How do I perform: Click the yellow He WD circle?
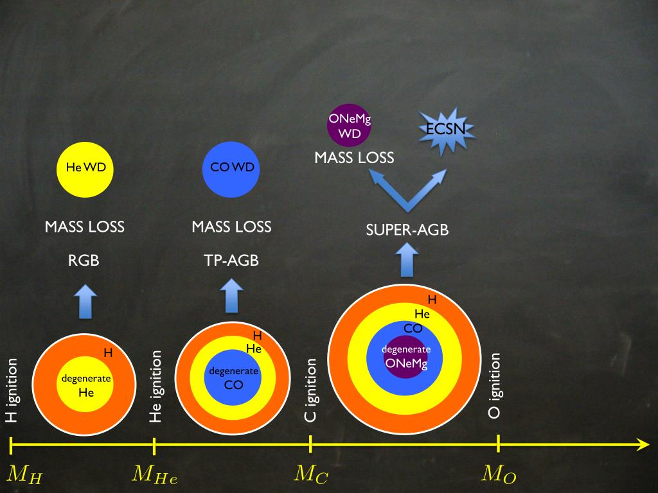[85, 168]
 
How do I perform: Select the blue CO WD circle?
[233, 168]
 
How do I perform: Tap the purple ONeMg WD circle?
[350, 126]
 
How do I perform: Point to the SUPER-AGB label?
[407, 230]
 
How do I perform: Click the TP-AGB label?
[231, 261]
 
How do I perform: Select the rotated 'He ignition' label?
[156, 386]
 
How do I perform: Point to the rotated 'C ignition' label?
[310, 391]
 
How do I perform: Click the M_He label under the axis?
[154, 475]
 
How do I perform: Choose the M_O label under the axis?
[499, 475]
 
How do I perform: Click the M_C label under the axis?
[312, 475]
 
